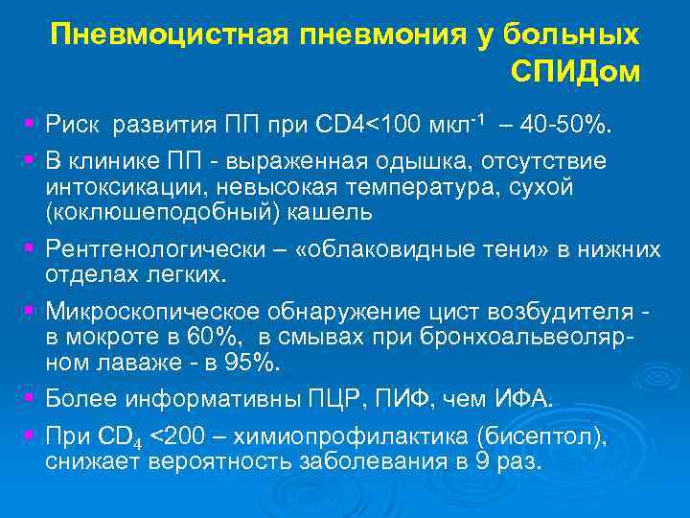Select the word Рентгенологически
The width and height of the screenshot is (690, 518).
[x=160, y=250]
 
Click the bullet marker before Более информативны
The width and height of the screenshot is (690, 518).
[x=31, y=395]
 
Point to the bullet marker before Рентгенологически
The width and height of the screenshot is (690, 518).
[x=31, y=248]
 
